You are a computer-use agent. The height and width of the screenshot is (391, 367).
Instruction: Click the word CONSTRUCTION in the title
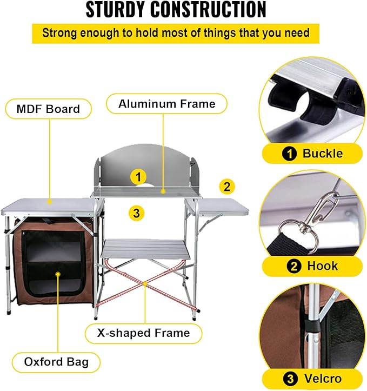point(209,10)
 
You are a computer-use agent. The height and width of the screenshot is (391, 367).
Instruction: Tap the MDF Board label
point(48,109)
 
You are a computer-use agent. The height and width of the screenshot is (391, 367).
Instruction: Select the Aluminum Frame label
point(166,104)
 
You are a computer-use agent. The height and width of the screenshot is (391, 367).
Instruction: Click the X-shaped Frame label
point(144,333)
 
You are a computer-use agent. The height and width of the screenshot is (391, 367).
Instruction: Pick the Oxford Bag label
point(56,362)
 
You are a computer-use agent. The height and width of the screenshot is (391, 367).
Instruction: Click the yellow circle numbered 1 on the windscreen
point(138,177)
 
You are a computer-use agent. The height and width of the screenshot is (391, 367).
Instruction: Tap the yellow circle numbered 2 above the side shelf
point(226,187)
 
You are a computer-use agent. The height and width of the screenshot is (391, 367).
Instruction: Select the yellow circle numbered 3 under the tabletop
point(136,213)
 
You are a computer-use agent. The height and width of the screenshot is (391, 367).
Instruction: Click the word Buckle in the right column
point(323,153)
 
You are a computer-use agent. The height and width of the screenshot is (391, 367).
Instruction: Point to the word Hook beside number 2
point(322,266)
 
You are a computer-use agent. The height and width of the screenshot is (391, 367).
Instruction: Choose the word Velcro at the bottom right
point(323,379)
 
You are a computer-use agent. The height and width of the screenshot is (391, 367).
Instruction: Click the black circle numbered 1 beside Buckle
point(290,154)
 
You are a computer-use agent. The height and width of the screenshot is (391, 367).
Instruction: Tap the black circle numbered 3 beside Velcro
point(290,379)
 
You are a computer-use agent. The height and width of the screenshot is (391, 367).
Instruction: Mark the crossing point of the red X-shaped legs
point(145,283)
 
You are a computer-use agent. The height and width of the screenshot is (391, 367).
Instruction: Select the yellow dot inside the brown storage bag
point(58,274)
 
